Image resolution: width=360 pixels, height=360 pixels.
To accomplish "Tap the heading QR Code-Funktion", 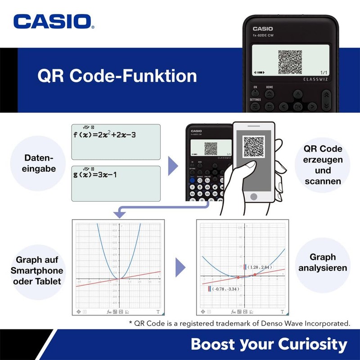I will tap(117, 76).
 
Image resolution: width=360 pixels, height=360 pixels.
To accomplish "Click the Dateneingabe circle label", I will tap(39, 163).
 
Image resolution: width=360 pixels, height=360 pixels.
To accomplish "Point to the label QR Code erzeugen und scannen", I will tap(323, 165).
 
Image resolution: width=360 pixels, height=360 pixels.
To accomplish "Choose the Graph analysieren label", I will tap(323, 262).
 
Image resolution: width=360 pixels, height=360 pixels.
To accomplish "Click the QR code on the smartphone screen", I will tap(253, 147).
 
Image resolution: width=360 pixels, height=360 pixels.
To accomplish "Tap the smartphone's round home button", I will tap(254, 197).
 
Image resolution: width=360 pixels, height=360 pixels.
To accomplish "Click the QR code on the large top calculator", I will tap(290, 63).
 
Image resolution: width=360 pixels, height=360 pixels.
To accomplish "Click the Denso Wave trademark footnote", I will tap(239, 323).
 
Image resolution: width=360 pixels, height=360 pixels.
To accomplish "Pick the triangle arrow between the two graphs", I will tap(180, 267).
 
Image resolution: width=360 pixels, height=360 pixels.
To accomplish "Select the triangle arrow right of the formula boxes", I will tap(173, 166).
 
